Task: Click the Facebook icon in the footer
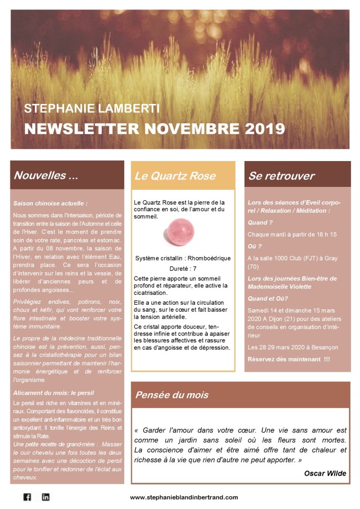point(27,497)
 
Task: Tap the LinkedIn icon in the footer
point(46,497)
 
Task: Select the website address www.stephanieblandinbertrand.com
point(184,497)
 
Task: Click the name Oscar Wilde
point(325,473)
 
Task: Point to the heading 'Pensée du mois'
point(172,395)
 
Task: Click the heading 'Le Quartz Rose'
point(175,175)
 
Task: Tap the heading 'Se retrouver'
point(281,176)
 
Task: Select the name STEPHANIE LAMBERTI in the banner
point(92,109)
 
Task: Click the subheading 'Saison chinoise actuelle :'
point(50,203)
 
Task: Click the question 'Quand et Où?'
point(268,298)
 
